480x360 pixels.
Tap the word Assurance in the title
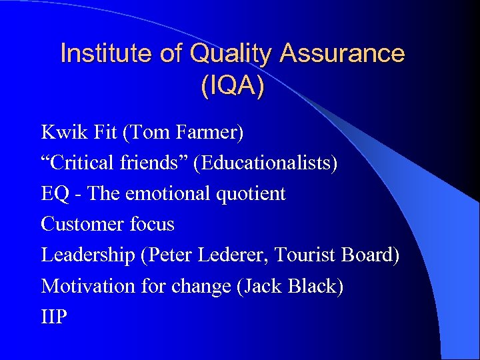(343, 53)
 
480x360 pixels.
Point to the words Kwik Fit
(79, 133)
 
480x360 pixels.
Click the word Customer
(79, 225)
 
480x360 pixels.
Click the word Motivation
(88, 286)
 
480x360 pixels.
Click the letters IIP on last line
(54, 317)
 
